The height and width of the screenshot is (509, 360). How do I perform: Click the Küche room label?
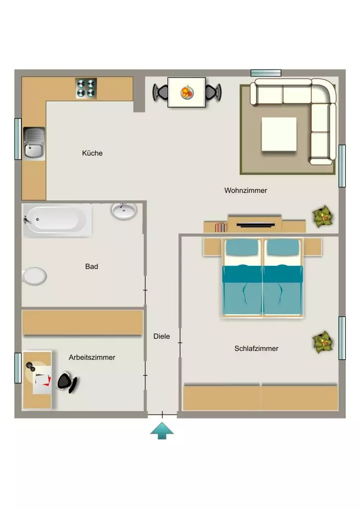coord(92,153)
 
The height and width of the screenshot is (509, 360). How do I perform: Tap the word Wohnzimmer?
coord(246,190)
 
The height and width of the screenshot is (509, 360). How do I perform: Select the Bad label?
coord(91,266)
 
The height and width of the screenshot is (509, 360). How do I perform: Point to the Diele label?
coord(162,337)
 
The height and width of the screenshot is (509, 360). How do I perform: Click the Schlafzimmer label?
coord(257,348)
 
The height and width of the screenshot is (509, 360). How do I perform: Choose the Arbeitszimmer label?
coord(92,357)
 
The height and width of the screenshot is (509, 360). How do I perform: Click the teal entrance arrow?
coord(162,430)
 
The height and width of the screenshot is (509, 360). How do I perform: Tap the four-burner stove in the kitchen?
coord(86,88)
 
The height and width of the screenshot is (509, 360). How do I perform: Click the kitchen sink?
coord(34,144)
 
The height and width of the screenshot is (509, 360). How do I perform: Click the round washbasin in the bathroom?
coord(124,211)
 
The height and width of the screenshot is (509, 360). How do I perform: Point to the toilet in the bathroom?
coord(34,276)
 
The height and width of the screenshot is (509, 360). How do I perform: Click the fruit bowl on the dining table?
coord(187,92)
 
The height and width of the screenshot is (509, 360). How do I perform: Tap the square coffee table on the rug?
coord(279,134)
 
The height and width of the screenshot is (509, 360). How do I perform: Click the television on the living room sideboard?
coord(256,225)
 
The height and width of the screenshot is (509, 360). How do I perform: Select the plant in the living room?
coord(323,216)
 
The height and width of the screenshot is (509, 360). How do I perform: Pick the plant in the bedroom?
coord(323,342)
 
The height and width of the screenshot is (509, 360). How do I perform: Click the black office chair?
coord(67,382)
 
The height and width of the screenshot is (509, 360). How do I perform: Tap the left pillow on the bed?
coord(242,248)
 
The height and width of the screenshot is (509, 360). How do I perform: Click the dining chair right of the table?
coord(213,92)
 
